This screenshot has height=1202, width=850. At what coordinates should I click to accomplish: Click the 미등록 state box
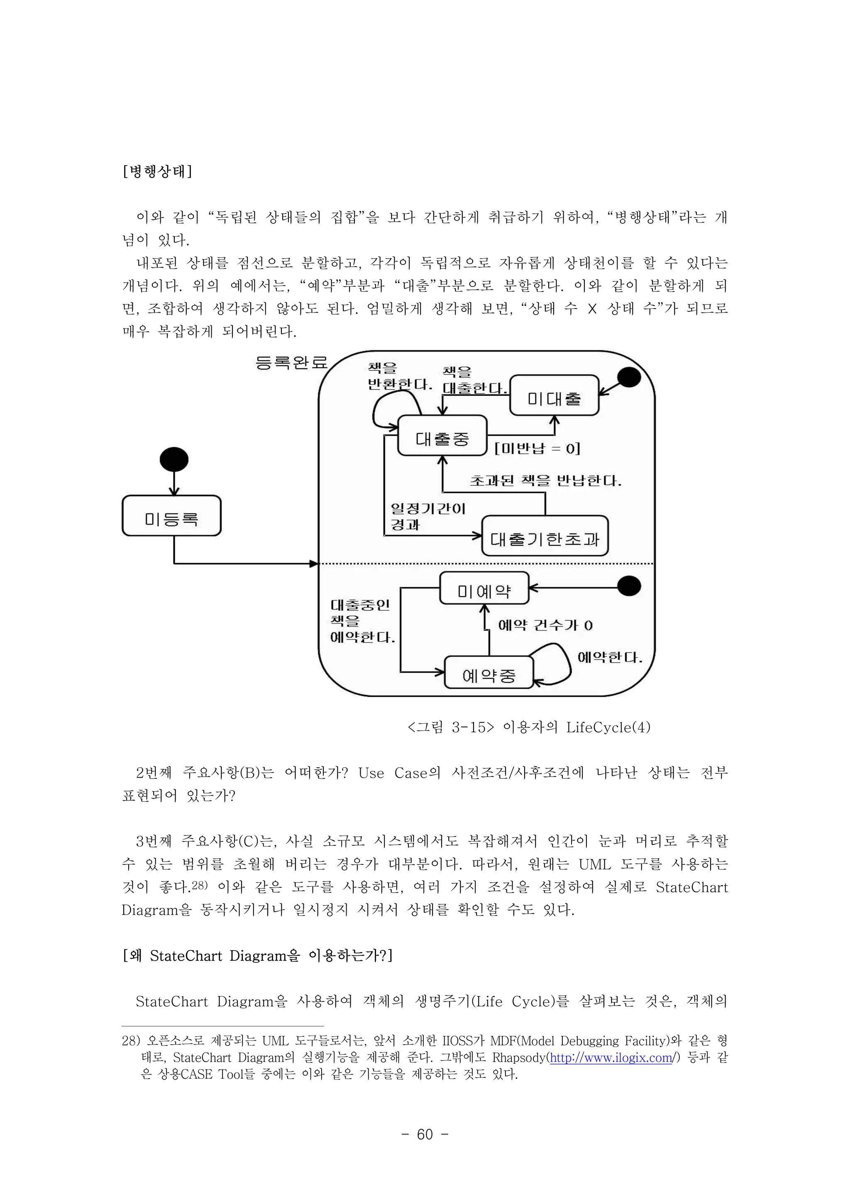[172, 516]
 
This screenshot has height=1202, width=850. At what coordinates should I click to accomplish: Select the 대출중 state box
[442, 436]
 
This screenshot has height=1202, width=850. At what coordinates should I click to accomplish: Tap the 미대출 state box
[554, 396]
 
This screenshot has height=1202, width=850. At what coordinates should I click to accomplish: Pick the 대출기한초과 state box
[545, 536]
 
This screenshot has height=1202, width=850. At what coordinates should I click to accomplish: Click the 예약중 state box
[489, 672]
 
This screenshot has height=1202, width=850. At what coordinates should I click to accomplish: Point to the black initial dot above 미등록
[174, 460]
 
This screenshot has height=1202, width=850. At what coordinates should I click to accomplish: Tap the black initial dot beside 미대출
[629, 377]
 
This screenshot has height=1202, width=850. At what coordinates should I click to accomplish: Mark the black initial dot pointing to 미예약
[629, 586]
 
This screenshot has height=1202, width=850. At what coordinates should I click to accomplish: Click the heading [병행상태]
[157, 171]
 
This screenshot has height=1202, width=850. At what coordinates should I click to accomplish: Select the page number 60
[425, 1145]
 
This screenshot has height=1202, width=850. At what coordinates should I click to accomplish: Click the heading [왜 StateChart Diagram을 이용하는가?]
[257, 956]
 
